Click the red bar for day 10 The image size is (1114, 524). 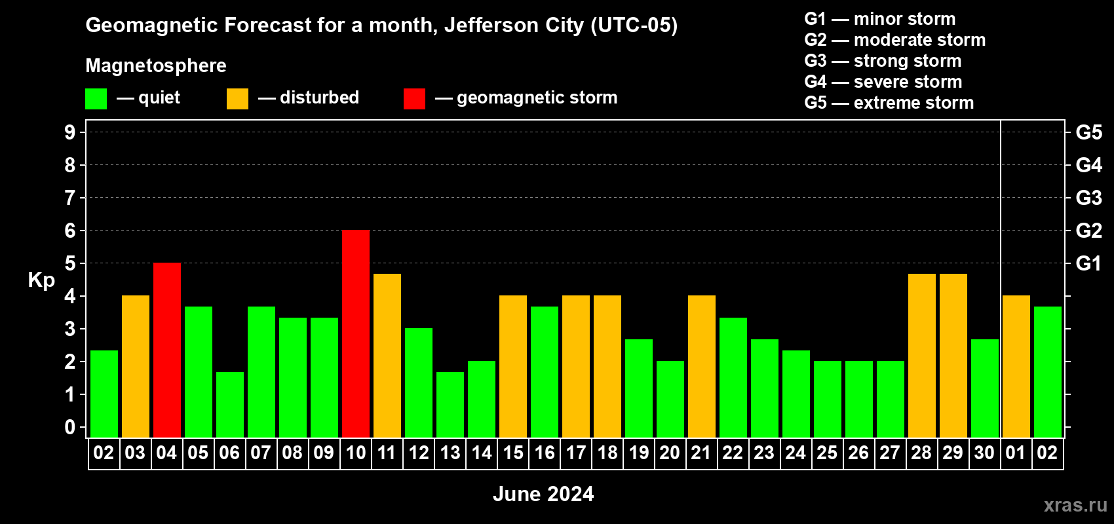356,333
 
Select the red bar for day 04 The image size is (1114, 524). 167,350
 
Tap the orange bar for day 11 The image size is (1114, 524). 387,355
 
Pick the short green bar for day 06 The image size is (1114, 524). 230,404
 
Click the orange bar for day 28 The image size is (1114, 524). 922,355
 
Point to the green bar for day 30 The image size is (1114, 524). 985,388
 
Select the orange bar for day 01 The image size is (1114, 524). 1016,366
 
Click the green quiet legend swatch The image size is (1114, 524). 96,99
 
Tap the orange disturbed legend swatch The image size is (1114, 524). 237,99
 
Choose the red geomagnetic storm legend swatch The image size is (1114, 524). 414,99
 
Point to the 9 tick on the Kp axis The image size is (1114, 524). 70,132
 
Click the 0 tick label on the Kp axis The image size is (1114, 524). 70,427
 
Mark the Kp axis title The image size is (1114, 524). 41,280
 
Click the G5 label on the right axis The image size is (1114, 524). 1088,132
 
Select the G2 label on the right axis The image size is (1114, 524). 1088,231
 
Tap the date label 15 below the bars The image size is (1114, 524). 513,453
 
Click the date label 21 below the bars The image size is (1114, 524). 701,453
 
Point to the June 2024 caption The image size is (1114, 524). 543,494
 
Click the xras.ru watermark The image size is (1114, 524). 1075,505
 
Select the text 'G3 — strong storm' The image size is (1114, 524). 883,61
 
